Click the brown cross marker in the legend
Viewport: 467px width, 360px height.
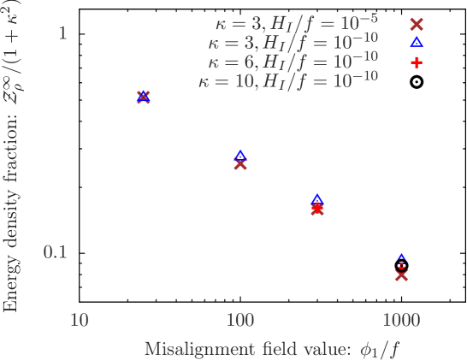coord(417,24)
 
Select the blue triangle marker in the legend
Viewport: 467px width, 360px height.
coord(417,41)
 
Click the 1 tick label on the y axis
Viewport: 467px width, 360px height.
coord(62,33)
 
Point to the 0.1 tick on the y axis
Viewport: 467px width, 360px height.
coord(55,252)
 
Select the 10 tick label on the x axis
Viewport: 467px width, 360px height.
coord(79,321)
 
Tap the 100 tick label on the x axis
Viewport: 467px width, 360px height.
coord(240,321)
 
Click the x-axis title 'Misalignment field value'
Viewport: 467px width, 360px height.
coord(272,348)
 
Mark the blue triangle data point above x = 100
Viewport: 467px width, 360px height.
coord(240,155)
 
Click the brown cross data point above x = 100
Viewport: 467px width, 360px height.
coord(240,163)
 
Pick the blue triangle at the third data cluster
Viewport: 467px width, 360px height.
coord(317,199)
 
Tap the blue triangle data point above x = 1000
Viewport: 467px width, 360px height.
coord(401,257)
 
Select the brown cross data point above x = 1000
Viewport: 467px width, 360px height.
coord(401,274)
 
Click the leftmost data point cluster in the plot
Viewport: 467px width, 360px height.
coord(143,97)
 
